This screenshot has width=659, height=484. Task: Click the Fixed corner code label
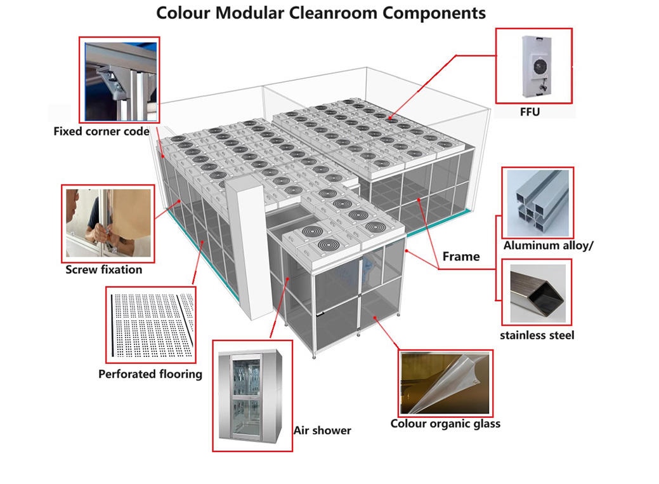coord(101,131)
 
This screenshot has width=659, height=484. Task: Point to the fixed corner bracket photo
coord(119,79)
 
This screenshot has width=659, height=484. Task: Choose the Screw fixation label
coord(104,269)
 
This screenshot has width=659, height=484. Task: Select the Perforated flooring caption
coord(150,373)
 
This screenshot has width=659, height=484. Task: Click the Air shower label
coord(322,430)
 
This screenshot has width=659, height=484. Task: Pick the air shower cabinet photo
coord(252,395)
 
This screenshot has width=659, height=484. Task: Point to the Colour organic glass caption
coord(445,424)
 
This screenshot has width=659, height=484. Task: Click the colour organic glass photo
coord(445,382)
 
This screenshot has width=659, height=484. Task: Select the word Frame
coord(461,256)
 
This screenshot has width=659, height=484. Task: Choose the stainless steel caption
coord(537,334)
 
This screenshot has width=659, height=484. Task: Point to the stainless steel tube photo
coord(537,292)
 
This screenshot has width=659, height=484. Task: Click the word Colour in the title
coord(183,12)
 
